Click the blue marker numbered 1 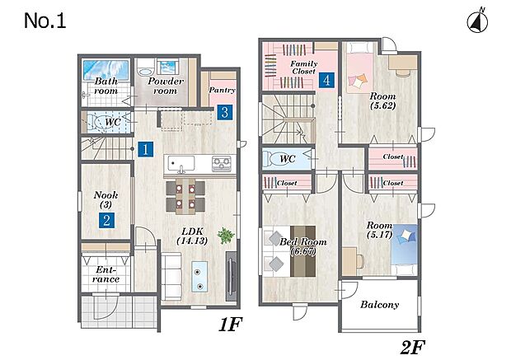click(145, 149)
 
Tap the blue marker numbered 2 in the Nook click(106, 221)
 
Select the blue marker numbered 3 click(225, 112)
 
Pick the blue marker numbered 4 click(327, 80)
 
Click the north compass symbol click(477, 23)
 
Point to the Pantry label click(222, 90)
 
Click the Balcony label click(380, 305)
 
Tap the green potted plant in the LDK click(226, 236)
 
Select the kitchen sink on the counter click(181, 163)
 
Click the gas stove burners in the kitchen click(222, 164)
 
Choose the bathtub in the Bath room click(105, 69)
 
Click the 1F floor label click(231, 324)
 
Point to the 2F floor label click(413, 347)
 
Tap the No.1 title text click(45, 21)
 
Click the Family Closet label click(304, 68)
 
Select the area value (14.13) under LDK click(192, 241)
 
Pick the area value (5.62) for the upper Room click(383, 105)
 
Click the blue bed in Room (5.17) click(404, 250)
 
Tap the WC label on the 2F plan click(288, 159)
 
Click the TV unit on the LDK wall click(231, 276)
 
